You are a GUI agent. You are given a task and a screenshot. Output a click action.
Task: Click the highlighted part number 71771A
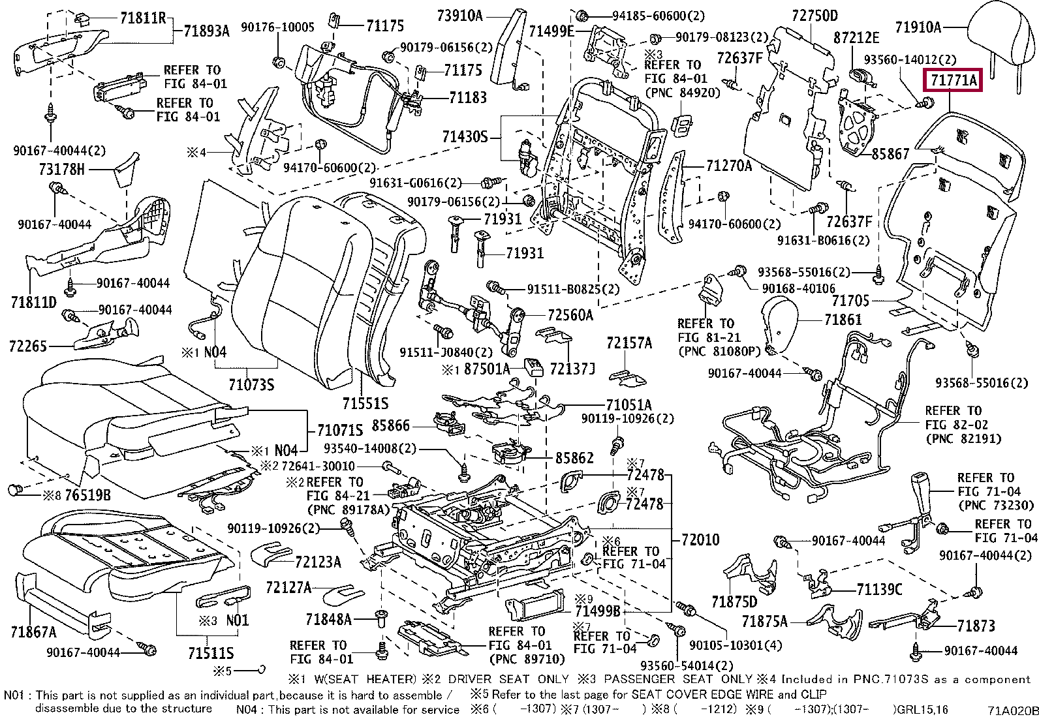point(954,81)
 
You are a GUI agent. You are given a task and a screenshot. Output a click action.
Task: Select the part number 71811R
point(143,18)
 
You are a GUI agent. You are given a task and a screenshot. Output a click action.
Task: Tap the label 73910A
point(459,16)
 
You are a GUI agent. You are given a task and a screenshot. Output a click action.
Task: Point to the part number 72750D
point(815,16)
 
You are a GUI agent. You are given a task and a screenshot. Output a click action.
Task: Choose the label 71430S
point(465,137)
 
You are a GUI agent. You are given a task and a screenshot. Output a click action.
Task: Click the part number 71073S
point(251,384)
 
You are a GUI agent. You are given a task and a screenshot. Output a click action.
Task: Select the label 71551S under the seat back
point(365,403)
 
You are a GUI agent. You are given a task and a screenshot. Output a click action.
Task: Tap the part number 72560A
point(570,315)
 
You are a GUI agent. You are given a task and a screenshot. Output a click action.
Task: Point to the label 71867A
point(33,632)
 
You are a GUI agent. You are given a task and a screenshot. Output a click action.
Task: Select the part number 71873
point(976,626)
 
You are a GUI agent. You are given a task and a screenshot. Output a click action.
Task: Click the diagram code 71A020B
point(1012,710)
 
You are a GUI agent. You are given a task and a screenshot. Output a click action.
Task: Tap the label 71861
point(843,320)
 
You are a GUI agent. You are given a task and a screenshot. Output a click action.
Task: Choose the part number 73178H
point(62,169)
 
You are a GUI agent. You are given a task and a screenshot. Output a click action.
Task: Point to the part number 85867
point(890,153)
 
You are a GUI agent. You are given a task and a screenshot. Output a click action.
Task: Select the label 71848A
point(329,618)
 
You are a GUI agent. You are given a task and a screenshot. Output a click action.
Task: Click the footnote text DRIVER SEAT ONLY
point(508,679)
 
